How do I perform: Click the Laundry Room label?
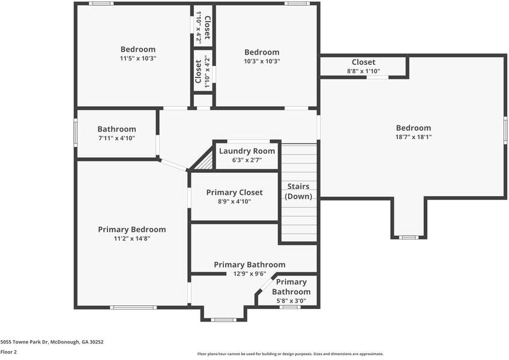[x=247, y=151]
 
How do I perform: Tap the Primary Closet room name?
[x=234, y=192]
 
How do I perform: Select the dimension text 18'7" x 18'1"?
[x=413, y=137]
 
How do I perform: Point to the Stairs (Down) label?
[x=298, y=191]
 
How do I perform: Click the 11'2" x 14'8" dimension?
[x=132, y=239]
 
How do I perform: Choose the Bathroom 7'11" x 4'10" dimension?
[x=116, y=138]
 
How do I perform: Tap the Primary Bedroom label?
[x=132, y=230]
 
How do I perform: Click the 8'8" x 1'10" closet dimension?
[x=364, y=71]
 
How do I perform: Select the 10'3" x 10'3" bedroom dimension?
[x=262, y=61]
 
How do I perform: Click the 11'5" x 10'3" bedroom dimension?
[x=138, y=58]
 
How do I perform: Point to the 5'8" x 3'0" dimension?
[x=291, y=301]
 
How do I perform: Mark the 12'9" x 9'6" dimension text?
[x=250, y=274]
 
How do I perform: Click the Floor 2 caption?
[x=8, y=352]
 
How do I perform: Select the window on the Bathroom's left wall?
[x=75, y=133]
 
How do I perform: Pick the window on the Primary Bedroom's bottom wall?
[x=133, y=307]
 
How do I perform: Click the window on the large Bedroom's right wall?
[x=505, y=130]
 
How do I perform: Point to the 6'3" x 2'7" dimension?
[x=247, y=160]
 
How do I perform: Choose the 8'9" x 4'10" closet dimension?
[x=234, y=201]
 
